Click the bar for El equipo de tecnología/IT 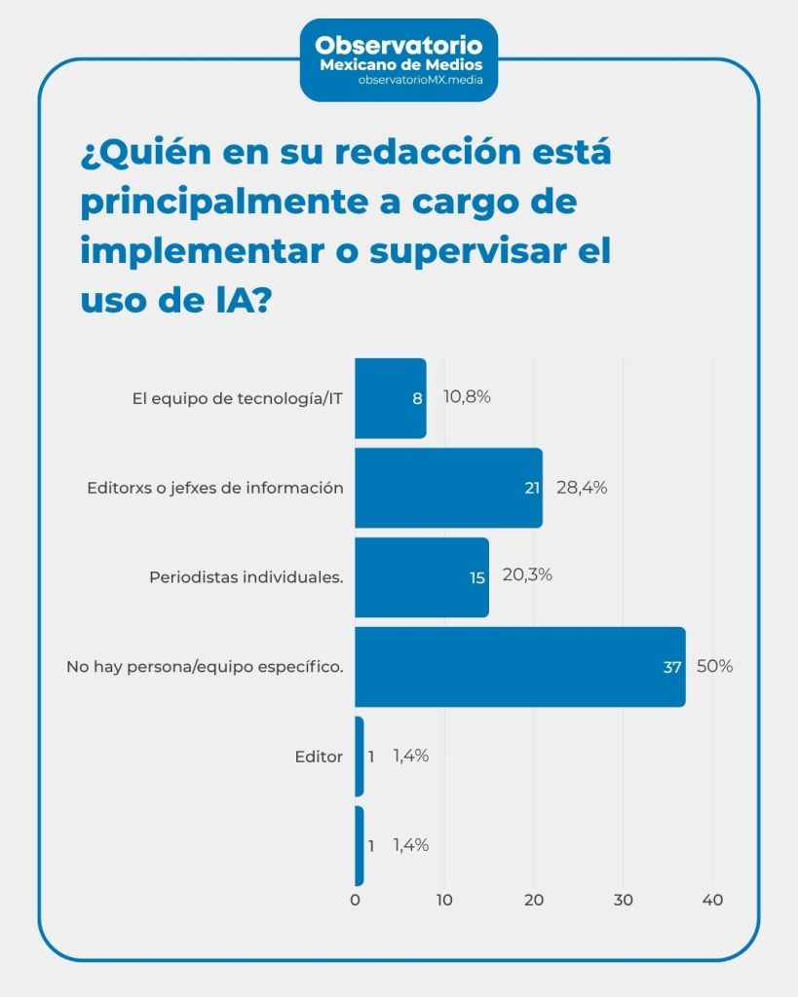[390, 398]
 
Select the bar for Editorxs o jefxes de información [448, 488]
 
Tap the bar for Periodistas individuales [421, 577]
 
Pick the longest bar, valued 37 [519, 667]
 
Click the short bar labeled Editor [360, 757]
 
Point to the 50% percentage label [714, 667]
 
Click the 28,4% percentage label [582, 488]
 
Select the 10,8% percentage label [467, 397]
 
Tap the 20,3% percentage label [527, 574]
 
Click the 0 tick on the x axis [356, 901]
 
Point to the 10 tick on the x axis [444, 901]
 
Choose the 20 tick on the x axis [534, 901]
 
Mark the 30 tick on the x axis [624, 901]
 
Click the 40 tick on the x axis [712, 901]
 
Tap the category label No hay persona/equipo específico [205, 668]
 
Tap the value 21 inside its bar [532, 488]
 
